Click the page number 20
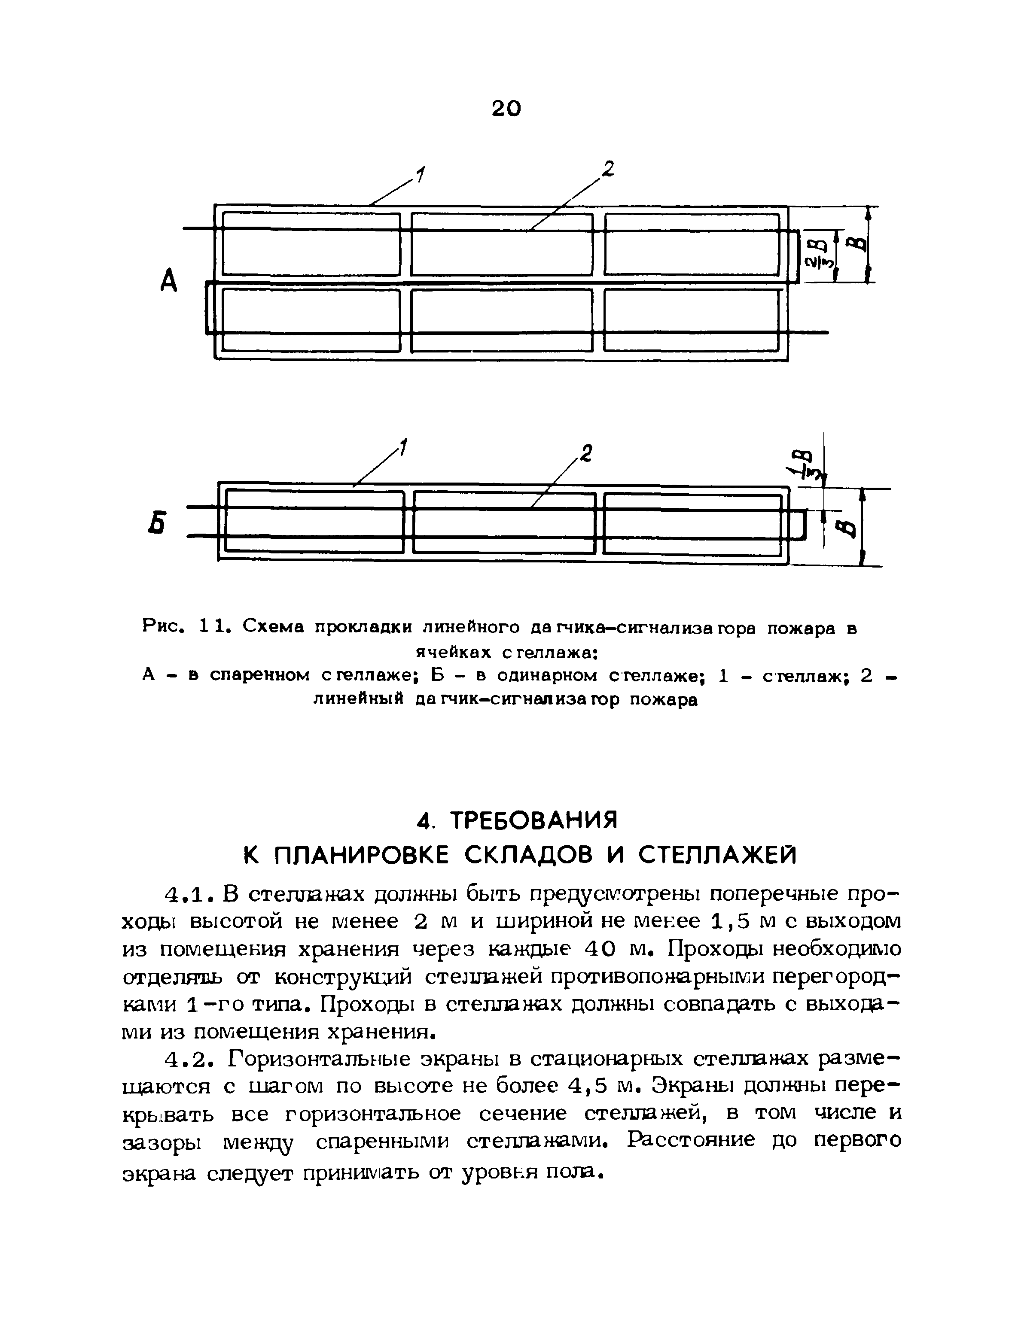[x=506, y=108]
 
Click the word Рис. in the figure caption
[x=162, y=626]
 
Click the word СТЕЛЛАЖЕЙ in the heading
[x=717, y=855]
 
